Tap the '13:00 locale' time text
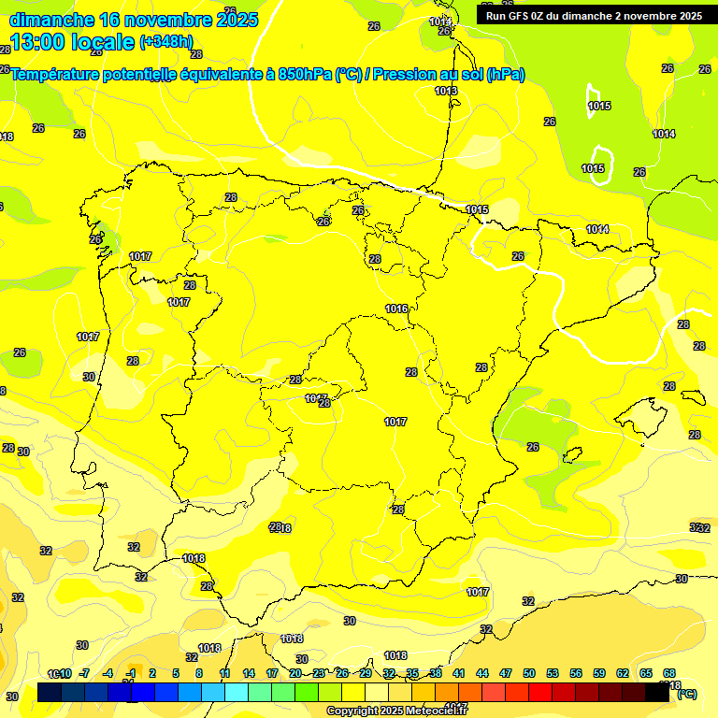[x=73, y=42]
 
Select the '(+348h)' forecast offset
[x=165, y=42]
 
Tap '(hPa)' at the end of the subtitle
[x=506, y=75]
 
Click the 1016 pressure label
[x=396, y=309]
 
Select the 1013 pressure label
[x=446, y=91]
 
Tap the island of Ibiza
[x=571, y=456]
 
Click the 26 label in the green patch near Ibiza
[x=533, y=447]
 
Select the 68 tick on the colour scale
[x=669, y=673]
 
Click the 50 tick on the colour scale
[x=529, y=673]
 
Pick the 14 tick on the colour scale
[x=249, y=673]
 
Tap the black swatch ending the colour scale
[x=657, y=693]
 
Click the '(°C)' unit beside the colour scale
[x=686, y=694]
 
